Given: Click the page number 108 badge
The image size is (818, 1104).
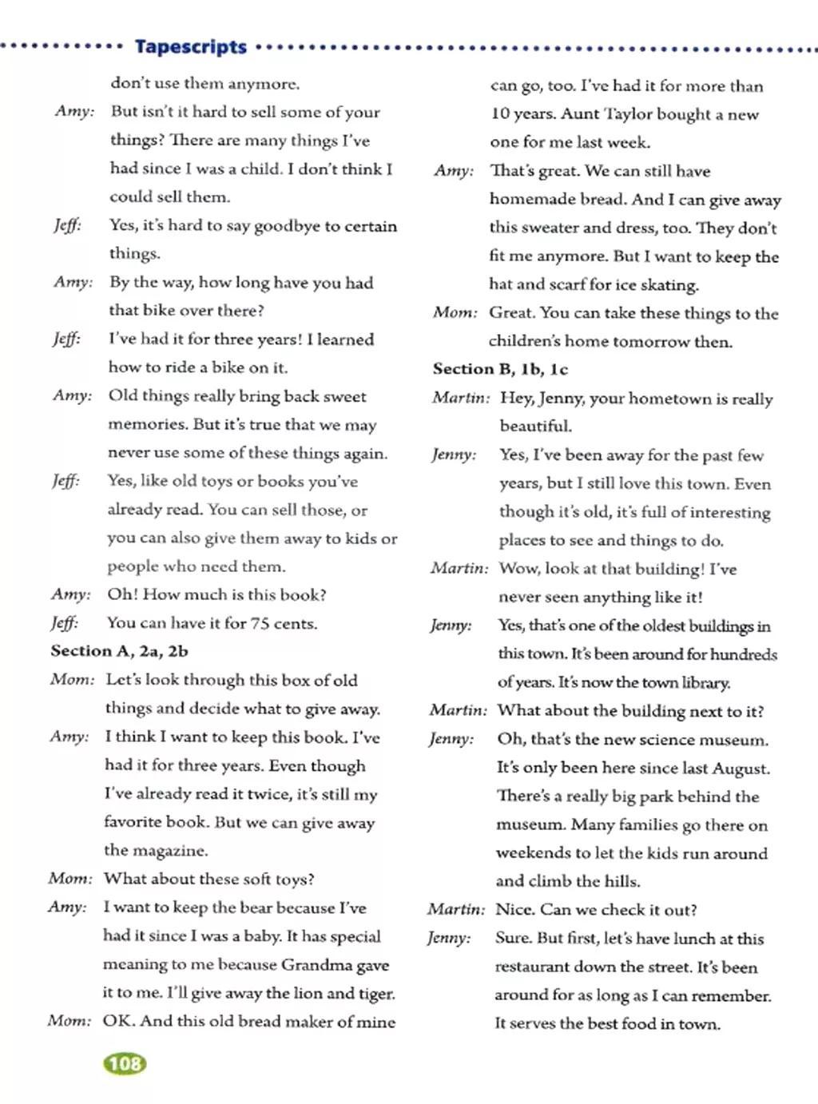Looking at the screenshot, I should [x=125, y=1063].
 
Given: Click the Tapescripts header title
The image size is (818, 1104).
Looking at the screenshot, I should [x=191, y=47].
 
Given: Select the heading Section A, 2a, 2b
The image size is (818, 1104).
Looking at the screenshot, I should [x=119, y=651].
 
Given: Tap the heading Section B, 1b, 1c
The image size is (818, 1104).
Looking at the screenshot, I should [x=500, y=369].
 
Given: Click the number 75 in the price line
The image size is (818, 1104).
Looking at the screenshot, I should [x=260, y=623].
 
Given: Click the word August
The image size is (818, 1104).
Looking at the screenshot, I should [x=740, y=768].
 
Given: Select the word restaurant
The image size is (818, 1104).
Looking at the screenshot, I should [x=532, y=967].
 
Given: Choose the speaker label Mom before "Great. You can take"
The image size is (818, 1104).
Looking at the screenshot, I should [x=455, y=312].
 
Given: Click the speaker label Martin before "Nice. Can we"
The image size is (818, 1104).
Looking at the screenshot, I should [x=455, y=909].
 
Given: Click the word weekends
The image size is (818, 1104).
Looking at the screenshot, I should [x=533, y=852].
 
